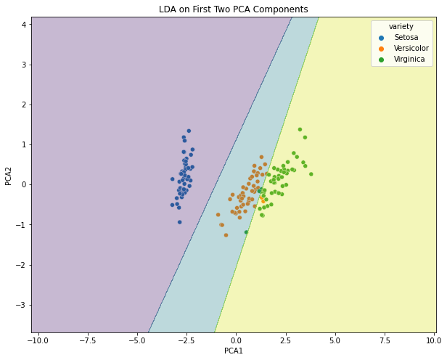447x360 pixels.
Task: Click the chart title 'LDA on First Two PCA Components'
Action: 234,9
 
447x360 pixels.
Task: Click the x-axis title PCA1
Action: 234,351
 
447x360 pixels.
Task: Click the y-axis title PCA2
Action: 9,175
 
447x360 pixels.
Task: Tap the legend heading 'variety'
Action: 401,27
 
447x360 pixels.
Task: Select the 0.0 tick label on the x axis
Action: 236,340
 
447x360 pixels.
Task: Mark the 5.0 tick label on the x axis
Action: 335,340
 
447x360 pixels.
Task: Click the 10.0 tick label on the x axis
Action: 433,340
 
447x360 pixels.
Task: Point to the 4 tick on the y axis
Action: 24,24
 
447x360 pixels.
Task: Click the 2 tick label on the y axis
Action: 24,105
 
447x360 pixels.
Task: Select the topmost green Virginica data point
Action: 300,129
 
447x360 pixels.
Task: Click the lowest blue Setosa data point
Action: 179,222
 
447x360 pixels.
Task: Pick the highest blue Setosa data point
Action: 189,131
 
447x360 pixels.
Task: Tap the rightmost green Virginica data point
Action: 311,174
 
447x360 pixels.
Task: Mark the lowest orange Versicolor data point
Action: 226,235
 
